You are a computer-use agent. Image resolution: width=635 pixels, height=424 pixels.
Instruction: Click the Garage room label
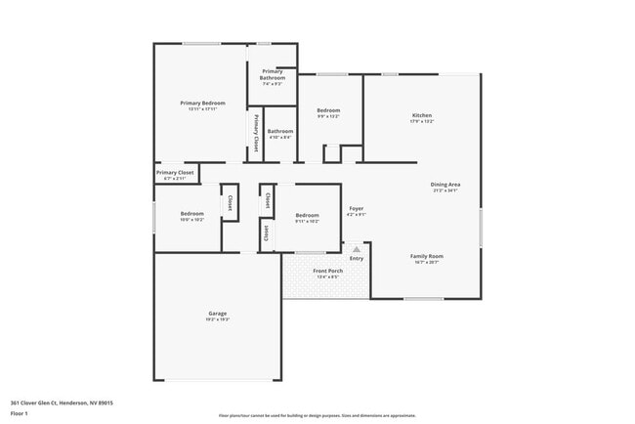coord(217,313)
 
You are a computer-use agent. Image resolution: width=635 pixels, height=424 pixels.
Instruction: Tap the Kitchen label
coord(422,115)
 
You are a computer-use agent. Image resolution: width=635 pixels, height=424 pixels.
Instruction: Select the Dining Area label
coord(445,184)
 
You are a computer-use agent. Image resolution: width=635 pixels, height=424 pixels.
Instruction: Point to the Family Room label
coord(426,256)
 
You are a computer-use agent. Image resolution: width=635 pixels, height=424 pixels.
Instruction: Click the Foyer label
coord(357,208)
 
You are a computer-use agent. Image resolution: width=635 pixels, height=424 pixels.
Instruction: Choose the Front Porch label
coord(326,271)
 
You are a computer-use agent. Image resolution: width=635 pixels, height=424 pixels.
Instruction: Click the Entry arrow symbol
coord(357,249)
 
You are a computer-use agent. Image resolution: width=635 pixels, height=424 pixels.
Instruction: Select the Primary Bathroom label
coord(272,74)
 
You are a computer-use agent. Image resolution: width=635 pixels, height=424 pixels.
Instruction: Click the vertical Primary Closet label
coord(256,134)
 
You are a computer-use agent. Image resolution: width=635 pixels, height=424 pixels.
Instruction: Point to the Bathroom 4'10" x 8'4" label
coord(280,131)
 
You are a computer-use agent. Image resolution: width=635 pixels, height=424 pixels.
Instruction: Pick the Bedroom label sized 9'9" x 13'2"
coord(328,110)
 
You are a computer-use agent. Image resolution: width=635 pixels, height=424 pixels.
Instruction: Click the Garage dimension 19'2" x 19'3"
coord(217,319)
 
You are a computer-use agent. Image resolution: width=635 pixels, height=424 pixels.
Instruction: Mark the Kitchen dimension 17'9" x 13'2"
coord(422,122)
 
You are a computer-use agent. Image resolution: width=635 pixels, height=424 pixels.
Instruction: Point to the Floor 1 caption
coord(20,413)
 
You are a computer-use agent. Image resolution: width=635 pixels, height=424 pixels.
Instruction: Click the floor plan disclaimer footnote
coord(317,415)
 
